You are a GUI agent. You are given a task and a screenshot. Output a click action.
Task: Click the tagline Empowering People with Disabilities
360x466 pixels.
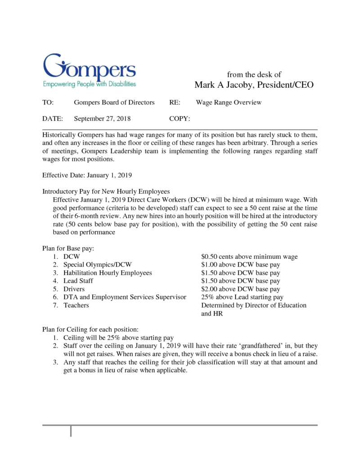[89, 84]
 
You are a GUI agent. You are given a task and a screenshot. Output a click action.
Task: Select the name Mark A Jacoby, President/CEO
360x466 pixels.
[254, 85]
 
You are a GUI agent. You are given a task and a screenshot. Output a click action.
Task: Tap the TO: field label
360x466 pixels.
[48, 103]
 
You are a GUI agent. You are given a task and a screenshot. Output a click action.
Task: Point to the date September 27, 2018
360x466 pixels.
[102, 119]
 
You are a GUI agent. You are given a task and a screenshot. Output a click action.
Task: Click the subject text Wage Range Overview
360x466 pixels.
[229, 103]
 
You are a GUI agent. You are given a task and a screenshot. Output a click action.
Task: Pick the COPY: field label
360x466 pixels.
[180, 119]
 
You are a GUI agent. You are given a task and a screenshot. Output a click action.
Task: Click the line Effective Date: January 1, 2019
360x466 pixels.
[87, 175]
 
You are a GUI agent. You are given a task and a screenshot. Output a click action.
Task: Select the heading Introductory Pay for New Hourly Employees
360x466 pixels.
[106, 191]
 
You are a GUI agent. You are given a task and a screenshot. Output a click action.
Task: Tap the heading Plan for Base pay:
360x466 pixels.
[67, 249]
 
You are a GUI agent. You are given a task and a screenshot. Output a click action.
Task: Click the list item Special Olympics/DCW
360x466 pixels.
[97, 265]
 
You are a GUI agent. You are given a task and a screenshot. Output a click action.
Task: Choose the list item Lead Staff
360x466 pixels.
[78, 281]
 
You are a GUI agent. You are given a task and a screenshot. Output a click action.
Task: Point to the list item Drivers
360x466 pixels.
[74, 289]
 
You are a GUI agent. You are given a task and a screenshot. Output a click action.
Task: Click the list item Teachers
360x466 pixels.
[76, 305]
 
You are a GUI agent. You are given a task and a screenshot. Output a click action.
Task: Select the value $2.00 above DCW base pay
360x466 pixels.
[240, 289]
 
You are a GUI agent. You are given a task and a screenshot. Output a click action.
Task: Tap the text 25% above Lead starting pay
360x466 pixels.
[242, 297]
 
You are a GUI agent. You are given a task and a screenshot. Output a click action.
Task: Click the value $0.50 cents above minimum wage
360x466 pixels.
[249, 257]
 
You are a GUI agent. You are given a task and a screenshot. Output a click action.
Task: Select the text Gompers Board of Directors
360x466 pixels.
[114, 103]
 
